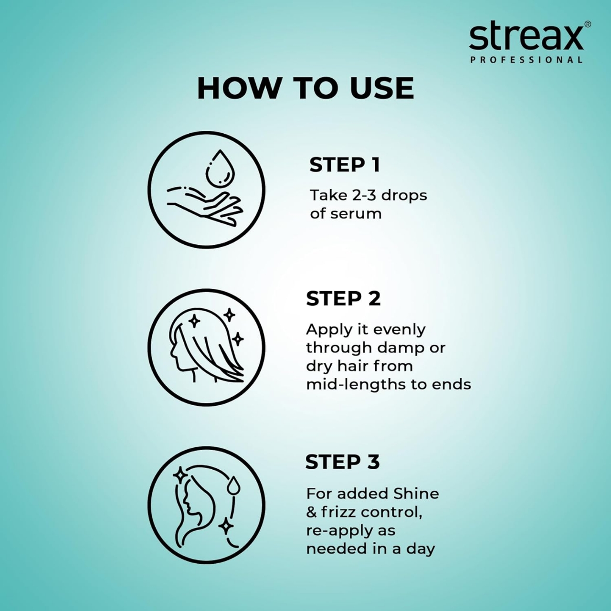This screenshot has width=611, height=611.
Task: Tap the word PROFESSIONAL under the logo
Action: tap(526, 60)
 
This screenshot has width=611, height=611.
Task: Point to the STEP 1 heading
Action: tap(345, 165)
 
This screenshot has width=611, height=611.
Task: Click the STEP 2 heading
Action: tap(343, 299)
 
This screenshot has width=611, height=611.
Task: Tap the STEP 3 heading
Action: tap(342, 462)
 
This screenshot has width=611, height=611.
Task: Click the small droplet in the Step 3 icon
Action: tap(233, 485)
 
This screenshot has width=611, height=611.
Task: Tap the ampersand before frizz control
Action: tap(311, 512)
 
